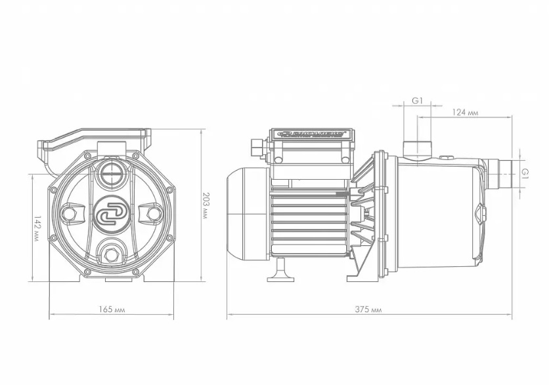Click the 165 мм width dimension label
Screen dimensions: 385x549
[111, 308]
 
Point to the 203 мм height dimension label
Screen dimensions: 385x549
[205, 205]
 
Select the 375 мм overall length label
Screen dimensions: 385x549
[371, 308]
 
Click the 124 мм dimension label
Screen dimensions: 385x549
[464, 112]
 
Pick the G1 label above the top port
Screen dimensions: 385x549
[417, 100]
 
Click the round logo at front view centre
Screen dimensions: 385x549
[111, 214]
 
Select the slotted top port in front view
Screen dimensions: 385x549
[111, 176]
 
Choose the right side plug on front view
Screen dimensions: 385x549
[153, 214]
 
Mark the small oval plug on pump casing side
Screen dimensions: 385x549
[478, 214]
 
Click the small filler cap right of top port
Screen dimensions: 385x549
[447, 158]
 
